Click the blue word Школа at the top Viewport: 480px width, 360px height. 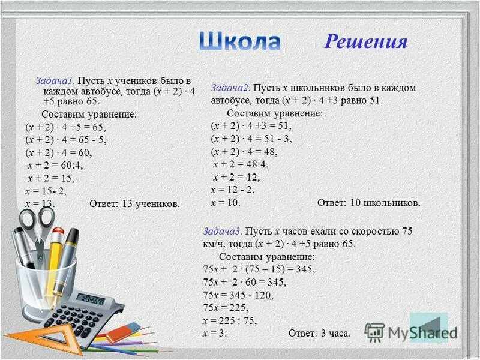pos(239,41)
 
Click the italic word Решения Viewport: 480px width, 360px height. pos(366,41)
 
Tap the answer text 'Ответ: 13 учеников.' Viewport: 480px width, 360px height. pos(134,204)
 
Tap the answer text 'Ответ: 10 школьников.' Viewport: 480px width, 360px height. pos(368,203)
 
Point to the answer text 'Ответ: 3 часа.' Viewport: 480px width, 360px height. pos(319,333)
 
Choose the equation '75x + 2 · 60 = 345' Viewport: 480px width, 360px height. pos(245,282)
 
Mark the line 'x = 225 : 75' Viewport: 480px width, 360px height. pos(230,320)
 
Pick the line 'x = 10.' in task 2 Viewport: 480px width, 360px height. pos(225,203)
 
